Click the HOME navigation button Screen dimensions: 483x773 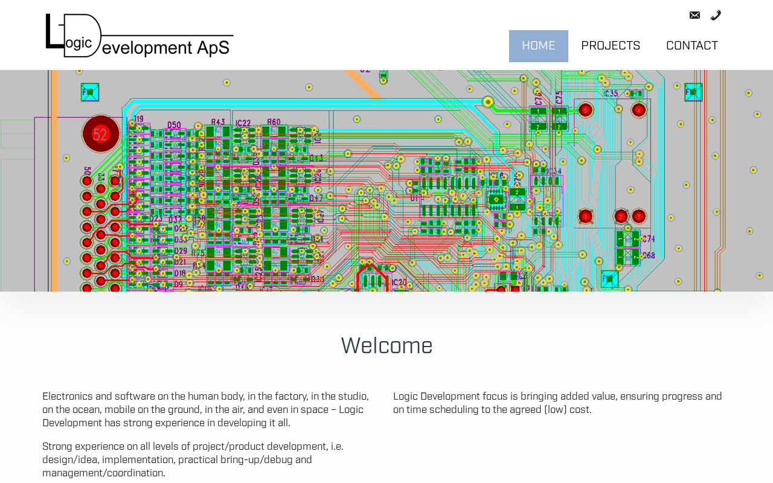click(538, 46)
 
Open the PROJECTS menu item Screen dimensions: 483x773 click(611, 46)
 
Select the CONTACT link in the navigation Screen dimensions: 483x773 click(691, 46)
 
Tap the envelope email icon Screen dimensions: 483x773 click(694, 15)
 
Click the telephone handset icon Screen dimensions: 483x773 click(716, 15)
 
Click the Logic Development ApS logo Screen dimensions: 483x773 click(140, 36)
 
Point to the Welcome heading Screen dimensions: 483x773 click(386, 346)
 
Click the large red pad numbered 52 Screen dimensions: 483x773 click(100, 134)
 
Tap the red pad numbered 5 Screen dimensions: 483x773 click(585, 110)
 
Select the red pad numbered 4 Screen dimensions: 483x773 click(639, 110)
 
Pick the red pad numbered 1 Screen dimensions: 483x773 click(585, 216)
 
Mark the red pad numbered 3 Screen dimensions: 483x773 click(639, 216)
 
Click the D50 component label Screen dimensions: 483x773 click(174, 125)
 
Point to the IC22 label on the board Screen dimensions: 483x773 click(243, 123)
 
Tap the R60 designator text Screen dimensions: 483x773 click(274, 122)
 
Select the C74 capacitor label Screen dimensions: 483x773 click(647, 239)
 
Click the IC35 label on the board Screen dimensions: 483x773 click(611, 94)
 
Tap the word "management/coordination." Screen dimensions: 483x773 click(103, 473)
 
